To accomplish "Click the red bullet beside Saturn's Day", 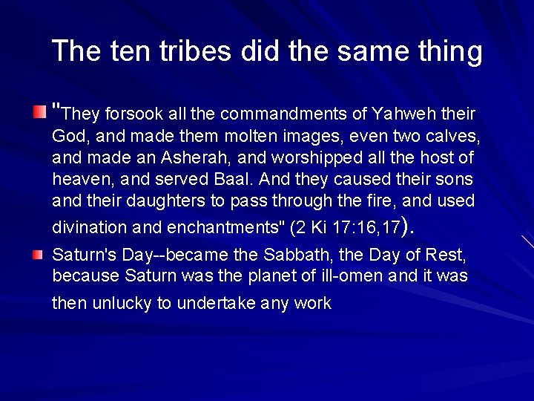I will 38,255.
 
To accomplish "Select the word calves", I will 455,137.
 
